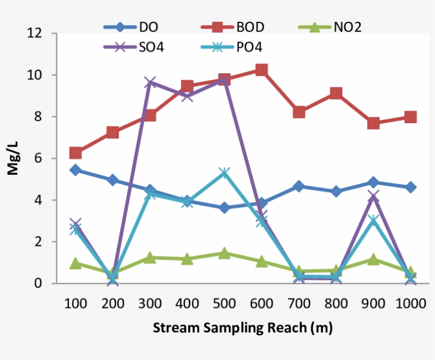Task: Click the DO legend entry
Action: [x=134, y=27]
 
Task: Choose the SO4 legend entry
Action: [x=134, y=47]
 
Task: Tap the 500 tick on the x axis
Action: [x=224, y=304]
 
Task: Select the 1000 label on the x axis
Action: [x=411, y=304]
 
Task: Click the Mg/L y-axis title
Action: [x=13, y=159]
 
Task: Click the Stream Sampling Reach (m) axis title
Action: [x=242, y=328]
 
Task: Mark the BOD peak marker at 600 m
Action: [x=262, y=70]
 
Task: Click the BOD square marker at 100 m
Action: [x=75, y=153]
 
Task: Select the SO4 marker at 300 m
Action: [x=150, y=82]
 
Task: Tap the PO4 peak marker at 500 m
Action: [x=224, y=173]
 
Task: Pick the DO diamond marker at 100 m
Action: [x=75, y=170]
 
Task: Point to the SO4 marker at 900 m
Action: [x=373, y=197]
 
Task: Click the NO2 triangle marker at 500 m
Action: [x=224, y=253]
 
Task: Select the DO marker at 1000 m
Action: [x=411, y=187]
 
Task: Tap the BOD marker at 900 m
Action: [x=373, y=123]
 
